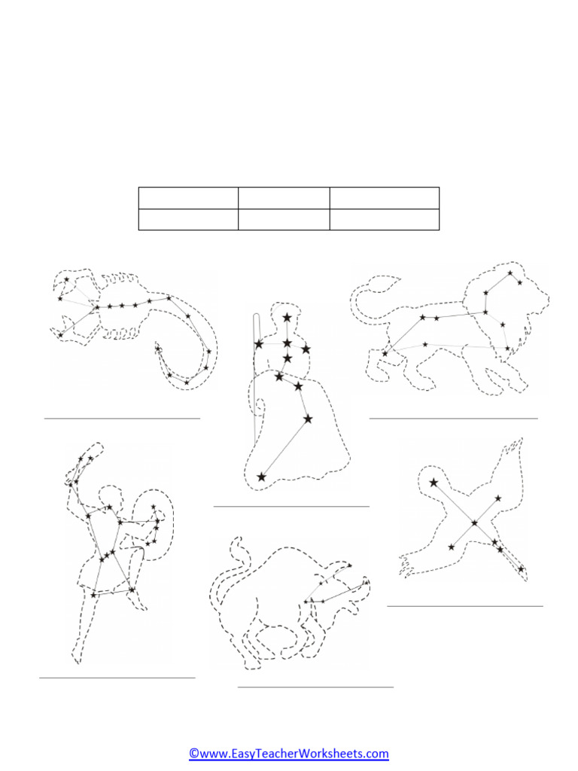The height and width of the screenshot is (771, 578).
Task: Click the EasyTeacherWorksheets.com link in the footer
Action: point(289,753)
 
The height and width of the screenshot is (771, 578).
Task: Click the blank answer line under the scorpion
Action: point(122,417)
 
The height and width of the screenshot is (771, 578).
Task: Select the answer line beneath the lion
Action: point(453,417)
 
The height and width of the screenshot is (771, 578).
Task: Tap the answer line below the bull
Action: point(315,687)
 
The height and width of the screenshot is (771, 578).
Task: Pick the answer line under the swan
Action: point(464,605)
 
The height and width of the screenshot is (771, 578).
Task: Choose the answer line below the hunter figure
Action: point(117,678)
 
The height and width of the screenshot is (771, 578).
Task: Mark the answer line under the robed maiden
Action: point(291,506)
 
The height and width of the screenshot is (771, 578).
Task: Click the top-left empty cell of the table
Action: point(188,198)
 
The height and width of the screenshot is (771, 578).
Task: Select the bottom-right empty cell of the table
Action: point(384,219)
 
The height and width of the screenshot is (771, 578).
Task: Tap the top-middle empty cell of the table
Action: point(284,198)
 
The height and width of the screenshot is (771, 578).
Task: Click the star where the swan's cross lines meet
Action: point(474,523)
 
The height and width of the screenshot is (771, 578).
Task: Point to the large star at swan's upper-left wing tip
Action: point(433,483)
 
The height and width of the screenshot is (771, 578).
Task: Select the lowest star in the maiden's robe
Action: point(261,477)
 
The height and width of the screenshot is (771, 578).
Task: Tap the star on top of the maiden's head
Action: point(287,318)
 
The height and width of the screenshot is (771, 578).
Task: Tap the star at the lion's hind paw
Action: point(385,353)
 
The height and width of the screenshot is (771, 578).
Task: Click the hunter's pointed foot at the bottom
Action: point(78,660)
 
